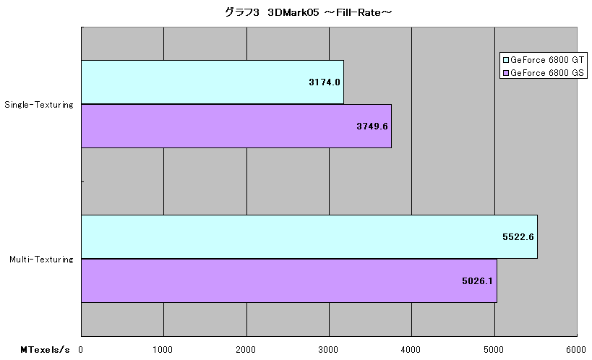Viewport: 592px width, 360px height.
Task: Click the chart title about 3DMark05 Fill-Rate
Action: tap(308, 12)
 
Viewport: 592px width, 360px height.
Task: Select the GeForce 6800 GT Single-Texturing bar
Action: tap(213, 82)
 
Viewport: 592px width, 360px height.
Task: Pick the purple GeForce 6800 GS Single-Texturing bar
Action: tap(236, 127)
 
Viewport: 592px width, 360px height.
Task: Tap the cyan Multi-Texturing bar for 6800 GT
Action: tap(309, 237)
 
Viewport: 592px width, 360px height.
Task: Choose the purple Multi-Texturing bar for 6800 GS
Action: tap(289, 280)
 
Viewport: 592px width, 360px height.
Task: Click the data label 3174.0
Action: tap(325, 82)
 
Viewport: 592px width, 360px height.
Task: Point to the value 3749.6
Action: tap(372, 127)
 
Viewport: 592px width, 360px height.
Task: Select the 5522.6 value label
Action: tap(518, 237)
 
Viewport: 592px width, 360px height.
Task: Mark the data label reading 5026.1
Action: tap(477, 280)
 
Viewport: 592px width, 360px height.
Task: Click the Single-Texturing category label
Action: tap(39, 105)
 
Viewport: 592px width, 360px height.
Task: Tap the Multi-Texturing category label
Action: tap(41, 260)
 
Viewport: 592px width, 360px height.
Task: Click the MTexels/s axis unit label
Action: tap(45, 350)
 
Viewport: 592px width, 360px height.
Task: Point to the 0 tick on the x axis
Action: tap(80, 350)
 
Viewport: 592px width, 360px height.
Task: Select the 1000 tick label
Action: tap(163, 350)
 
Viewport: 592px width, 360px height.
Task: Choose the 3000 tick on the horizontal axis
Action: tap(328, 350)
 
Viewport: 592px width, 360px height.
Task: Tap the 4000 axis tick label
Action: tap(411, 350)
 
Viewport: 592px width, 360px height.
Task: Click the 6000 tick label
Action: tap(576, 350)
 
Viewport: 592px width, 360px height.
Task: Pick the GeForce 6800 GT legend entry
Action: tap(544, 60)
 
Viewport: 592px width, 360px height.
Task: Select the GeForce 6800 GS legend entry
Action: tap(544, 72)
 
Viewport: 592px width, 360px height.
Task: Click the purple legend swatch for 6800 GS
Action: tap(506, 73)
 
